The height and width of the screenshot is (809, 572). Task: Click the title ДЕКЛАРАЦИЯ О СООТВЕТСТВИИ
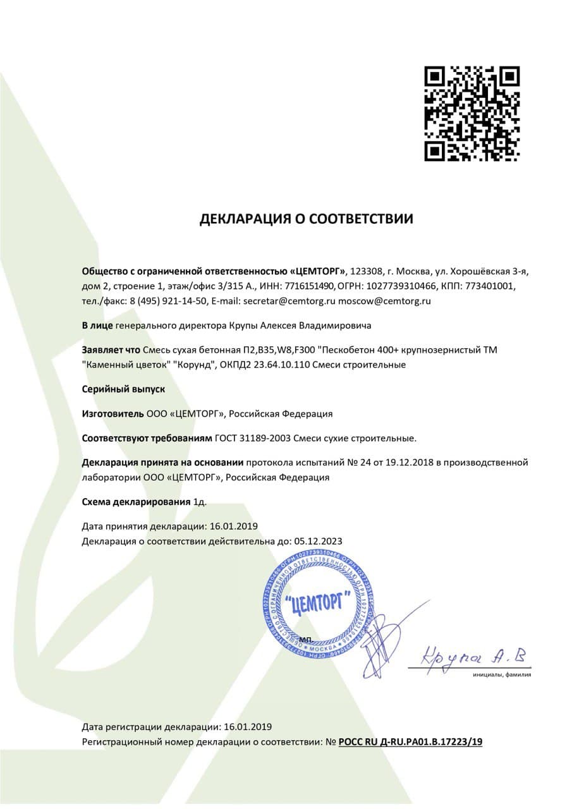coord(307,219)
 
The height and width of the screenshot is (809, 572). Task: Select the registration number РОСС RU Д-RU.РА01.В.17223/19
coord(410,742)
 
